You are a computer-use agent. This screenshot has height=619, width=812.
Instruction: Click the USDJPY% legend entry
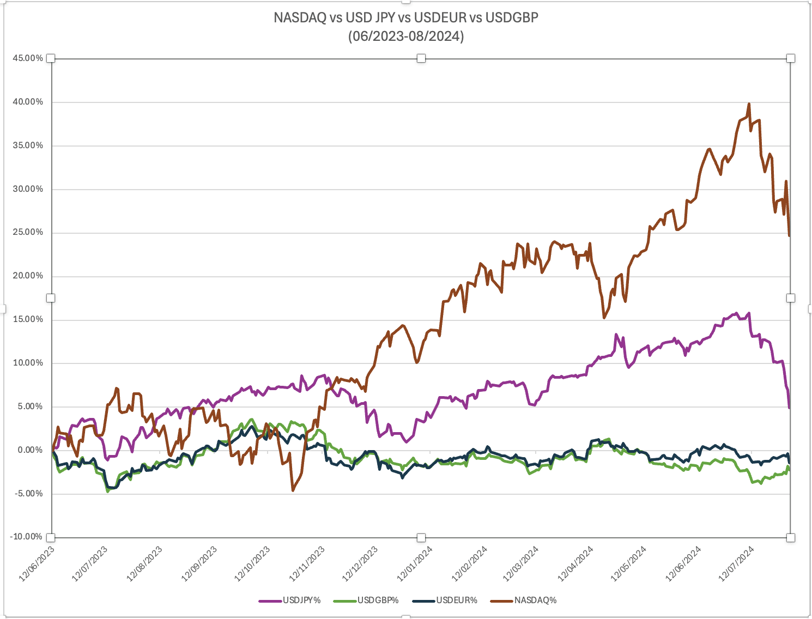[301, 600]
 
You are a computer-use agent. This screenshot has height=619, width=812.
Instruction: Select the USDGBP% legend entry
[378, 600]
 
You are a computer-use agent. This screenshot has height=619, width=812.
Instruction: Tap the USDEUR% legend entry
[456, 600]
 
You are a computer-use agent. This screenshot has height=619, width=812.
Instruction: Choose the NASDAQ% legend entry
[535, 600]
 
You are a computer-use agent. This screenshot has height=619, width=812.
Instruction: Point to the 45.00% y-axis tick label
[27, 58]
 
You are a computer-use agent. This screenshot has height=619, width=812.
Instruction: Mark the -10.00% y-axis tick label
[26, 537]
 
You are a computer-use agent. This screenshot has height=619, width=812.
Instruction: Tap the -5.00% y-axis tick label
[28, 494]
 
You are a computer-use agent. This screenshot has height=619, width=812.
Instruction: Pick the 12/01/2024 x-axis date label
[415, 564]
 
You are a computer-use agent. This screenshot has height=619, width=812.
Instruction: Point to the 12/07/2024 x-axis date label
[738, 564]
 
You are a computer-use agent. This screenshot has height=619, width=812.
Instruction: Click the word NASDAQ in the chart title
[300, 17]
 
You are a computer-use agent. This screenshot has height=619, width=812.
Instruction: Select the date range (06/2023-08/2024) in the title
[406, 37]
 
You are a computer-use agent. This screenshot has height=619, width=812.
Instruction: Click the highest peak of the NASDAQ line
[749, 104]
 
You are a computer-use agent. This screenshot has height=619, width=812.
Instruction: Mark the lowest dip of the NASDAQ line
[293, 490]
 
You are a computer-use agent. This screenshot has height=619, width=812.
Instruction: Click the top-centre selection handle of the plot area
[421, 58]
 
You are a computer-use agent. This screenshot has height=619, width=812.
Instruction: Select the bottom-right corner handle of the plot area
[791, 538]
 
